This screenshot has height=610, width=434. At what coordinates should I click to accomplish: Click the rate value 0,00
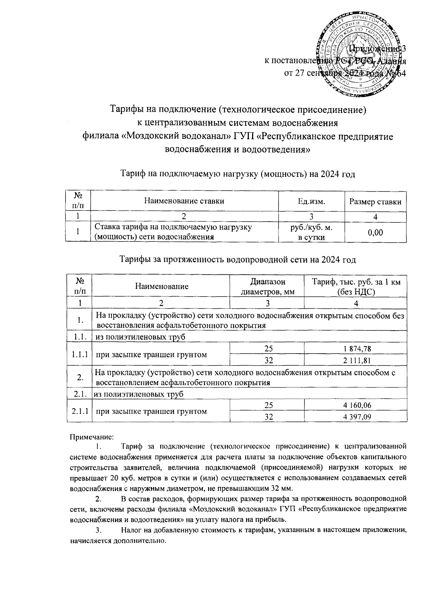click(x=375, y=233)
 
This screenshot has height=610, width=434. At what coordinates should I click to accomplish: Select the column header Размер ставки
click(x=375, y=202)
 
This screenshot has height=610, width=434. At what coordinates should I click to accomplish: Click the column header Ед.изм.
click(x=311, y=202)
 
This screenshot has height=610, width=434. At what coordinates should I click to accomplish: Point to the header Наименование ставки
click(x=184, y=201)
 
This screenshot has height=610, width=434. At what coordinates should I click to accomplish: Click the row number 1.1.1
click(x=80, y=354)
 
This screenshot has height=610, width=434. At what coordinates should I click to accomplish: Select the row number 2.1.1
click(x=80, y=411)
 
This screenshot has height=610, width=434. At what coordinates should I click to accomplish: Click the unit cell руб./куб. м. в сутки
click(x=311, y=233)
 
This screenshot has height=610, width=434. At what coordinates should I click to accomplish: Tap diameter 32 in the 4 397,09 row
click(x=268, y=417)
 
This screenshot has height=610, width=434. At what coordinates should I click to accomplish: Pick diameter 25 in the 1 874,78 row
click(x=268, y=349)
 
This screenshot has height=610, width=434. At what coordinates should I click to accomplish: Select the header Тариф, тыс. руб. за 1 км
click(x=356, y=282)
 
